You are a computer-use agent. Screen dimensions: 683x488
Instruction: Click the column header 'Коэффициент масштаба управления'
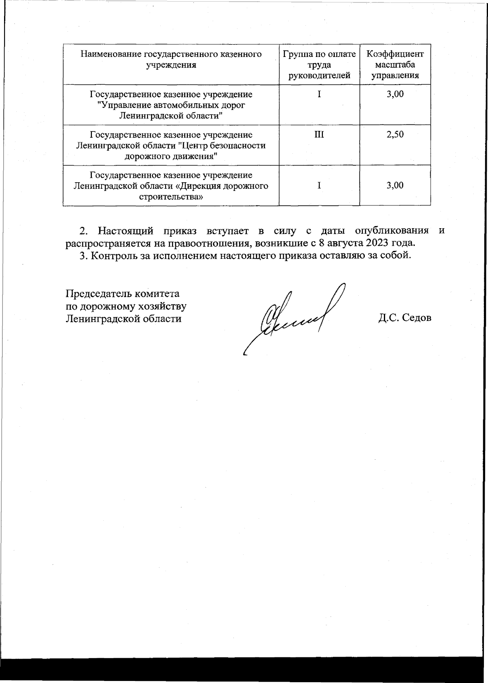pyautogui.click(x=395, y=65)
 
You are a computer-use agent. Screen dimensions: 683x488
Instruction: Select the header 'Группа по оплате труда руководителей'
pyautogui.click(x=319, y=65)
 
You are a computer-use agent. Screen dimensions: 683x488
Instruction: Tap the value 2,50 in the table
pyautogui.click(x=395, y=135)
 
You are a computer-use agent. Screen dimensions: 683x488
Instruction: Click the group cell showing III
pyautogui.click(x=319, y=135)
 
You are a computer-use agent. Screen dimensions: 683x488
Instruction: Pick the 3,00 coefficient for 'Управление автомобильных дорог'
pyautogui.click(x=395, y=94)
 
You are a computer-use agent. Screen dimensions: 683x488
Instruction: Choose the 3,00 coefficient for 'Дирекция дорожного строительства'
pyautogui.click(x=395, y=185)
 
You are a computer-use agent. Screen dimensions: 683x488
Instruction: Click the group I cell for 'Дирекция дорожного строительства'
pyautogui.click(x=319, y=185)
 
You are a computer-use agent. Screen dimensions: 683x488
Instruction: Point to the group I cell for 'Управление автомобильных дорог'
pyautogui.click(x=319, y=94)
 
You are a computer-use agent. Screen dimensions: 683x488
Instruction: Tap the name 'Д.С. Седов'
pyautogui.click(x=404, y=318)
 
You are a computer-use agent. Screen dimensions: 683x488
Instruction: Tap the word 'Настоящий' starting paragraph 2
pyautogui.click(x=126, y=231)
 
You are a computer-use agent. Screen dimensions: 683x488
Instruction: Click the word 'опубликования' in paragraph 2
pyautogui.click(x=392, y=231)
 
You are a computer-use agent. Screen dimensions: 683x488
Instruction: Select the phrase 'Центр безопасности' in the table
pyautogui.click(x=222, y=146)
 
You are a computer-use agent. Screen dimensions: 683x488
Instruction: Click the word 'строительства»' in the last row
pyautogui.click(x=171, y=197)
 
